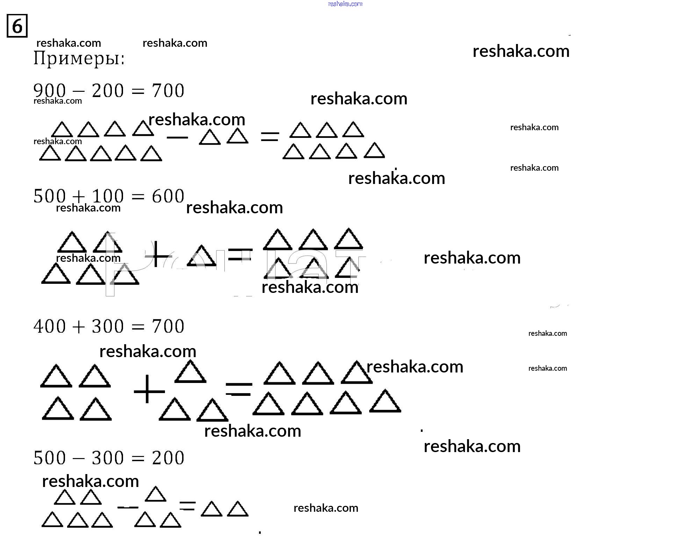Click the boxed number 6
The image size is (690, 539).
pyautogui.click(x=17, y=26)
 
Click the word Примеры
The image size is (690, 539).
pyautogui.click(x=79, y=59)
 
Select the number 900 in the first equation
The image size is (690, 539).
pyautogui.click(x=50, y=91)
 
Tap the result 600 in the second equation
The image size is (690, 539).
pyautogui.click(x=168, y=196)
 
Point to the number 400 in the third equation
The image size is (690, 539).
pyautogui.click(x=50, y=326)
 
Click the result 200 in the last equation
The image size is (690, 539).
pyautogui.click(x=168, y=458)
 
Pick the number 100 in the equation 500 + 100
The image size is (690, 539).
pyautogui.click(x=108, y=196)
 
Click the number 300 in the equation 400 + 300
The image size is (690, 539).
pyautogui.click(x=108, y=326)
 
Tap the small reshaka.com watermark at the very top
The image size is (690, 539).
pyautogui.click(x=345, y=4)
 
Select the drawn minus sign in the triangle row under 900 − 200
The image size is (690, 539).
pyautogui.click(x=177, y=137)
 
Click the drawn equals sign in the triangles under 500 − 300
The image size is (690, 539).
pyautogui.click(x=187, y=505)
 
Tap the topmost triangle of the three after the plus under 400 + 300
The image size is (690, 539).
pyautogui.click(x=190, y=372)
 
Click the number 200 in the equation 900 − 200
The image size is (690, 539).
pyautogui.click(x=108, y=91)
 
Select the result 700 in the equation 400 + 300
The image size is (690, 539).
pyautogui.click(x=168, y=326)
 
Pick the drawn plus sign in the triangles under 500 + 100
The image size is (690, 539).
pyautogui.click(x=158, y=255)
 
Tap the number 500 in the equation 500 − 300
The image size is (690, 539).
pyautogui.click(x=50, y=458)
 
